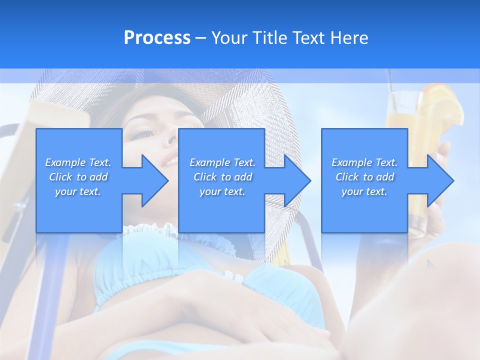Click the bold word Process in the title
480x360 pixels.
click(x=157, y=38)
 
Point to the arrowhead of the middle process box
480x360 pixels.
click(x=296, y=180)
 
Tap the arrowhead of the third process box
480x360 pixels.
click(x=439, y=180)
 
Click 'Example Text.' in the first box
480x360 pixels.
click(x=78, y=162)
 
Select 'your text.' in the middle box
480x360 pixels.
click(x=222, y=191)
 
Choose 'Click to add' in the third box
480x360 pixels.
click(x=365, y=177)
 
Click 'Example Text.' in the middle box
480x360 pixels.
click(x=222, y=162)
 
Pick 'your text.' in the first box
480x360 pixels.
click(x=78, y=191)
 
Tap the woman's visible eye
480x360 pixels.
click(x=142, y=132)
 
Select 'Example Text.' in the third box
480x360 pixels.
click(x=365, y=162)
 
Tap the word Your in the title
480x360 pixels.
click(x=229, y=38)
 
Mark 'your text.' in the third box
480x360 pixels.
click(x=365, y=191)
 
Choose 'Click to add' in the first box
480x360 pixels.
click(x=78, y=177)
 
